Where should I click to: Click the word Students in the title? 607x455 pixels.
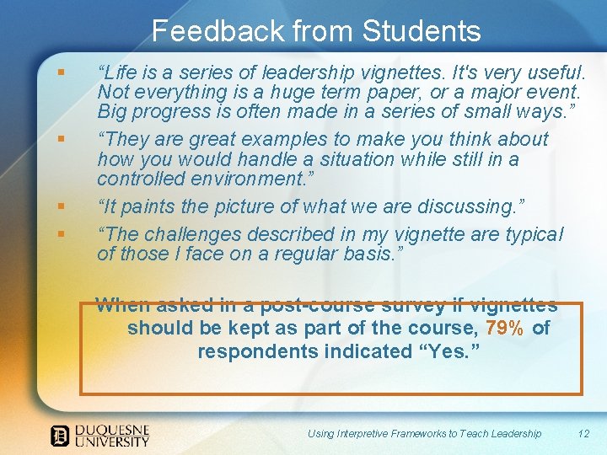point(422,32)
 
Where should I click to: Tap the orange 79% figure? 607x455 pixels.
point(505,328)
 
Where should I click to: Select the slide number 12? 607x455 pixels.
point(583,433)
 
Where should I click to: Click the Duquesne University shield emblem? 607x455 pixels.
point(60,435)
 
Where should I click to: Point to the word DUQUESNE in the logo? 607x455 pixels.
point(111,429)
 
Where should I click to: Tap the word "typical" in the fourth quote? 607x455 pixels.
point(534,234)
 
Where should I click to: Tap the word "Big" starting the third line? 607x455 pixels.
point(112,111)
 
